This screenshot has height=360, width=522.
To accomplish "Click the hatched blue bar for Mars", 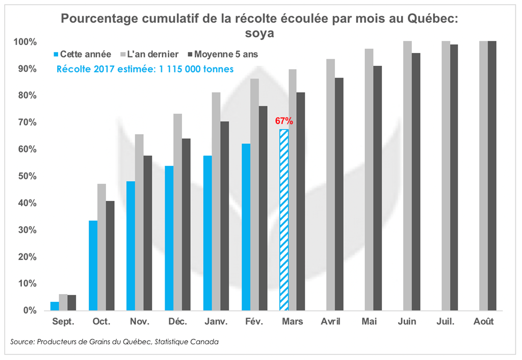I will pyautogui.click(x=284, y=220).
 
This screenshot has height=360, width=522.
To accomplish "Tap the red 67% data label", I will pyautogui.click(x=284, y=121).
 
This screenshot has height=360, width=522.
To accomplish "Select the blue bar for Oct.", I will pyautogui.click(x=93, y=265).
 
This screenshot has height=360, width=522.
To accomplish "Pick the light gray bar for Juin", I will pyautogui.click(x=407, y=175).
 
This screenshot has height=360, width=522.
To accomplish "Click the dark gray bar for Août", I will pyautogui.click(x=492, y=175).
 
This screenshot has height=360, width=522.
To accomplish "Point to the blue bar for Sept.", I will pyautogui.click(x=55, y=306).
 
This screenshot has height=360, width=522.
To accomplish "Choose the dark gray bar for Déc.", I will pyautogui.click(x=187, y=224).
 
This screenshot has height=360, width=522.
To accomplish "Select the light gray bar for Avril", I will pyautogui.click(x=330, y=185).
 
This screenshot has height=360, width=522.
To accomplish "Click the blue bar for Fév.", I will pyautogui.click(x=246, y=227).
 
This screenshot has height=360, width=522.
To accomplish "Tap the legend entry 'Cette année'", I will pyautogui.click(x=82, y=54).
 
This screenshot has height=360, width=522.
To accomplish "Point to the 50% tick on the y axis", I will pyautogui.click(x=25, y=176).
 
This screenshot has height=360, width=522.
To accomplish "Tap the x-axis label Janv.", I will pyautogui.click(x=216, y=322).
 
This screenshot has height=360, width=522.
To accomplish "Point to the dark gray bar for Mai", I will pyautogui.click(x=377, y=188).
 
